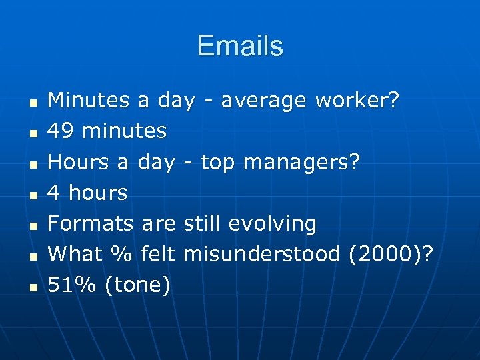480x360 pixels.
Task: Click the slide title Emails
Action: pyautogui.click(x=240, y=46)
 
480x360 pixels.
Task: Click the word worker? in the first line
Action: pyautogui.click(x=357, y=100)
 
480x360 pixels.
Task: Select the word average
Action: pyautogui.click(x=264, y=100)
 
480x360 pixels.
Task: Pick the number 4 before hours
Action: pyautogui.click(x=55, y=193)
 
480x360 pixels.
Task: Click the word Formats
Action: pyautogui.click(x=91, y=223)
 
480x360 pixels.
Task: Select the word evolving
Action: pyautogui.click(x=272, y=223)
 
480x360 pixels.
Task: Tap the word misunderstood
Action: pyautogui.click(x=261, y=254)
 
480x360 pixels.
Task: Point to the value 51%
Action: pyautogui.click(x=73, y=285)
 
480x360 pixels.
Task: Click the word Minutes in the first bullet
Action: pyautogui.click(x=89, y=100)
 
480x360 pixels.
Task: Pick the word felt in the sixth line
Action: pyautogui.click(x=159, y=254)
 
